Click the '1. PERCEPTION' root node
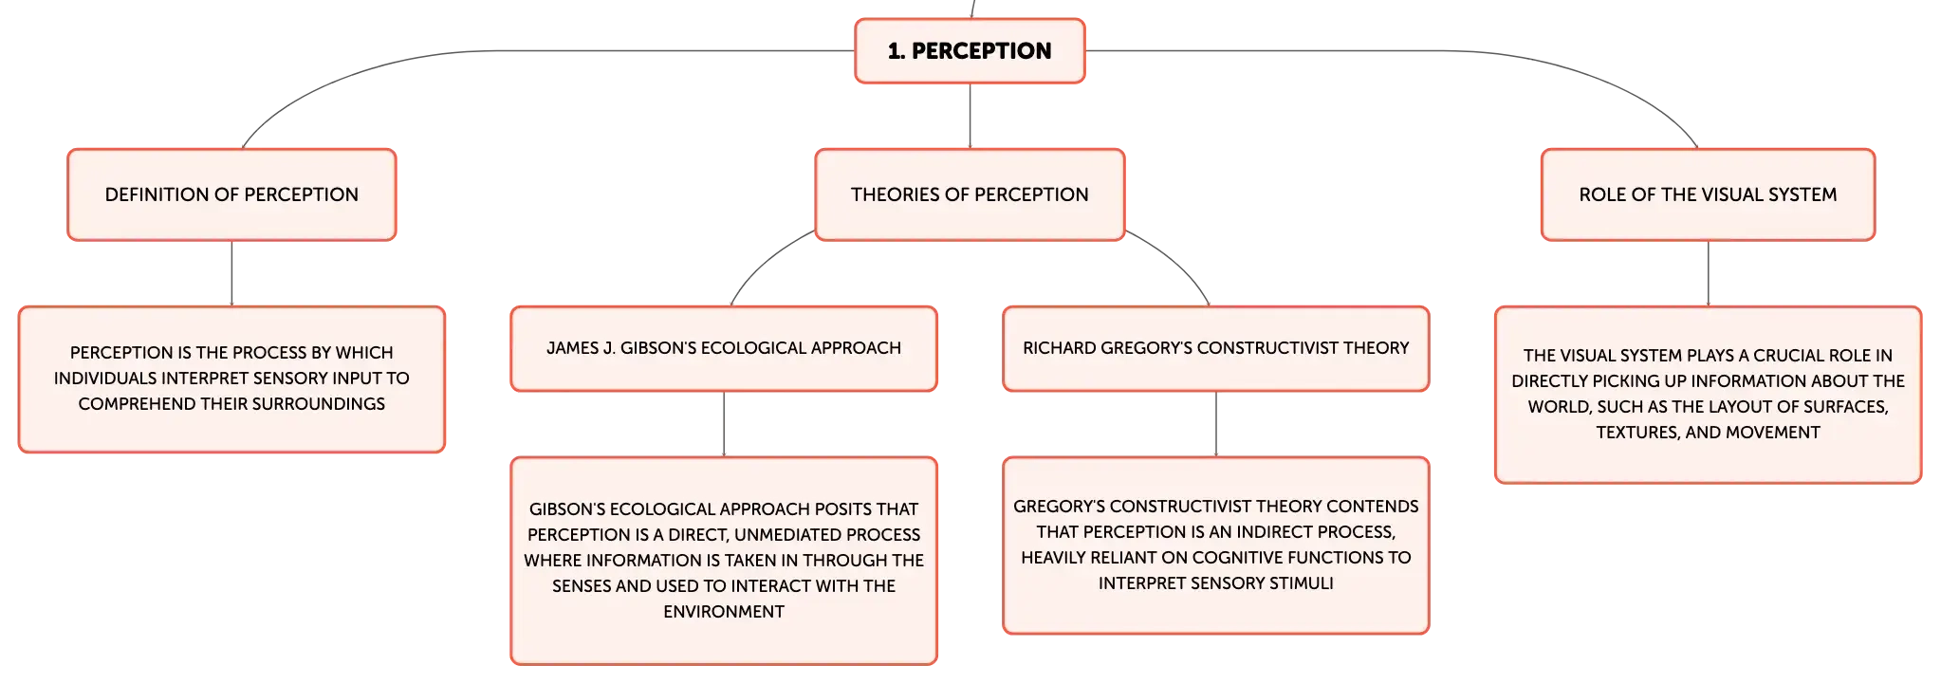[x=970, y=51]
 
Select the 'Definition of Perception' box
[x=231, y=194]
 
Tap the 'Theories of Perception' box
[x=970, y=194]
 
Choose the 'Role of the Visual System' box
[x=1708, y=194]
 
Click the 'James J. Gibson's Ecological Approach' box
[x=724, y=348]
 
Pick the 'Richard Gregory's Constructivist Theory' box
[x=1215, y=348]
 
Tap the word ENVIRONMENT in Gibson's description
[x=724, y=612]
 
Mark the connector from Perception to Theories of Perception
[x=970, y=116]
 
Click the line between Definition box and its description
[x=231, y=273]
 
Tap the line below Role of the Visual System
[x=1708, y=273]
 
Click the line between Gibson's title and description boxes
[x=724, y=424]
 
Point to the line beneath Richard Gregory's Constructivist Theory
[x=1215, y=424]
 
